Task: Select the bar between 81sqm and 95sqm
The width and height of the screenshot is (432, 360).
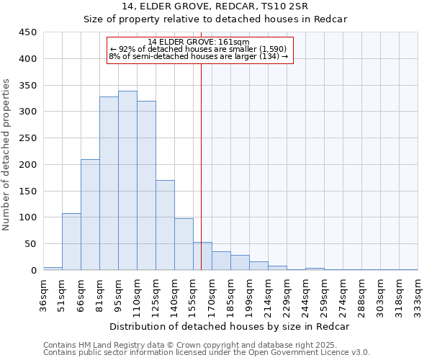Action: coord(109,183)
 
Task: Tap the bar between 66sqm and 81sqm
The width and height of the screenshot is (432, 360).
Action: coord(90,215)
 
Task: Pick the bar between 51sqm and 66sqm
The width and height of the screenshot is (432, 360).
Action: coord(71,242)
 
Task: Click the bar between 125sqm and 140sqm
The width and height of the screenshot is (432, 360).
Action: coord(165,225)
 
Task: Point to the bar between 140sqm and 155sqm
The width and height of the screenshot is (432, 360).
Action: coord(184,244)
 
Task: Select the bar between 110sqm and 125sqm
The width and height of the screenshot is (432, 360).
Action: coord(146,185)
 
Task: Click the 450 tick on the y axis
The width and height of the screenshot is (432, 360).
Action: coord(28,32)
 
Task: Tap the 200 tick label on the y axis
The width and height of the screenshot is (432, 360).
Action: coord(28,165)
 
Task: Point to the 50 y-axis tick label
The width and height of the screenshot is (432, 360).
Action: coord(31,244)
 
